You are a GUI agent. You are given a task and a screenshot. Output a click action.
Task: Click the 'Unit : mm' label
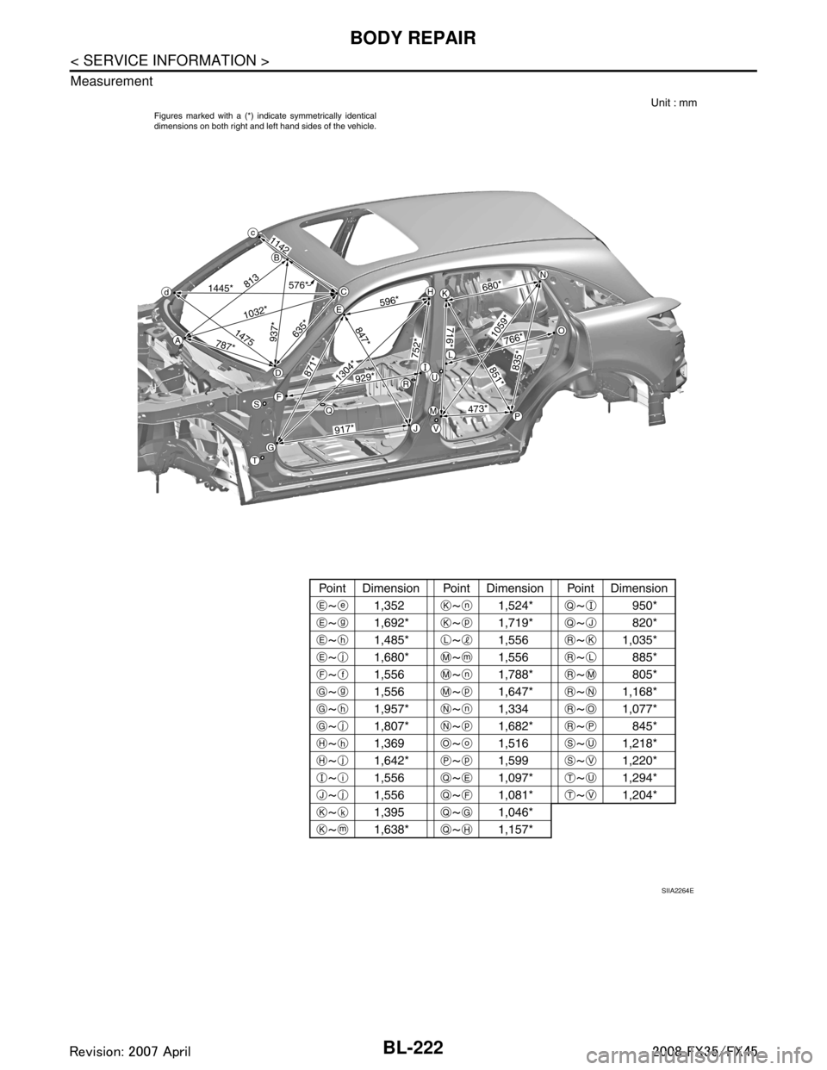[668, 103]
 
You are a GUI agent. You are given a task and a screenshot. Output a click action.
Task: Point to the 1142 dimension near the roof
[279, 244]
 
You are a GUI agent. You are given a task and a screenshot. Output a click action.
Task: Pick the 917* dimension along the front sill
[345, 428]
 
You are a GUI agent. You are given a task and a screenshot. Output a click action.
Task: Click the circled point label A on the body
[177, 341]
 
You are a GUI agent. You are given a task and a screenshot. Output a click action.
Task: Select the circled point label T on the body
[256, 461]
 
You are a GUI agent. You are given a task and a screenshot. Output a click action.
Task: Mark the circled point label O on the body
[560, 331]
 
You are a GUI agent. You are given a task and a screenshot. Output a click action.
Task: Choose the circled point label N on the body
[544, 274]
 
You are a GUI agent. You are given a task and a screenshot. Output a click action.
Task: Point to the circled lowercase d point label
[165, 292]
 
